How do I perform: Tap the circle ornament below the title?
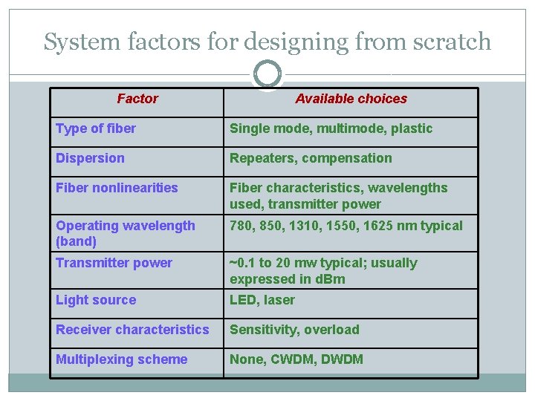(x=267, y=74)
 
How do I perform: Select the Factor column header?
(x=137, y=99)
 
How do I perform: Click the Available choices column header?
(x=351, y=99)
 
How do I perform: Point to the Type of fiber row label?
(x=96, y=128)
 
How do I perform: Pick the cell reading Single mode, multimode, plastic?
(x=331, y=128)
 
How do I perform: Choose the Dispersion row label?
(x=90, y=158)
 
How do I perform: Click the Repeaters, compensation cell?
(x=311, y=158)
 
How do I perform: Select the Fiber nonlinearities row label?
(x=117, y=188)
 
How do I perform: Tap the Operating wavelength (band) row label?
(x=125, y=233)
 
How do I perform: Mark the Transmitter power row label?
(x=114, y=263)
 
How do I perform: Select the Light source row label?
(x=96, y=300)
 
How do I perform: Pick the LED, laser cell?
(x=262, y=300)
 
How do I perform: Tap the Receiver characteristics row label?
(x=132, y=330)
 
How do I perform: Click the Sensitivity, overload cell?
(x=294, y=330)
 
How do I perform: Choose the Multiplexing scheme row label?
(x=121, y=359)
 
